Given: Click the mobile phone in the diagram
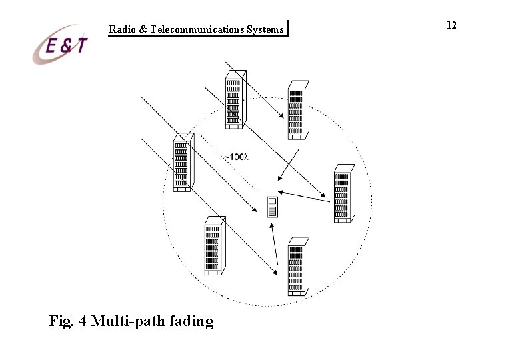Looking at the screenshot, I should click(271, 207).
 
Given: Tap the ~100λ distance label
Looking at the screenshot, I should click(236, 157).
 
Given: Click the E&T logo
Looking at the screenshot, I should click(61, 45).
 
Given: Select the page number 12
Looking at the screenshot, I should click(451, 25).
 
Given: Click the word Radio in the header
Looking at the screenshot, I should click(122, 29).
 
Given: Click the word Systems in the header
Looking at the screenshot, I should click(265, 29).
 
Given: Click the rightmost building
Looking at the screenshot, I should click(343, 193).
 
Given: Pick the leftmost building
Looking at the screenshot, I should click(183, 163).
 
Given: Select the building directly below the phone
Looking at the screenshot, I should click(297, 267).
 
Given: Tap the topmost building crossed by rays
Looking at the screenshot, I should click(235, 98).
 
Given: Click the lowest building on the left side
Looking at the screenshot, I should click(213, 247).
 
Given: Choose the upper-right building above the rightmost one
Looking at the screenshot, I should click(297, 110).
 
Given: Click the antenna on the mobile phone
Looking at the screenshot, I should click(268, 194).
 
